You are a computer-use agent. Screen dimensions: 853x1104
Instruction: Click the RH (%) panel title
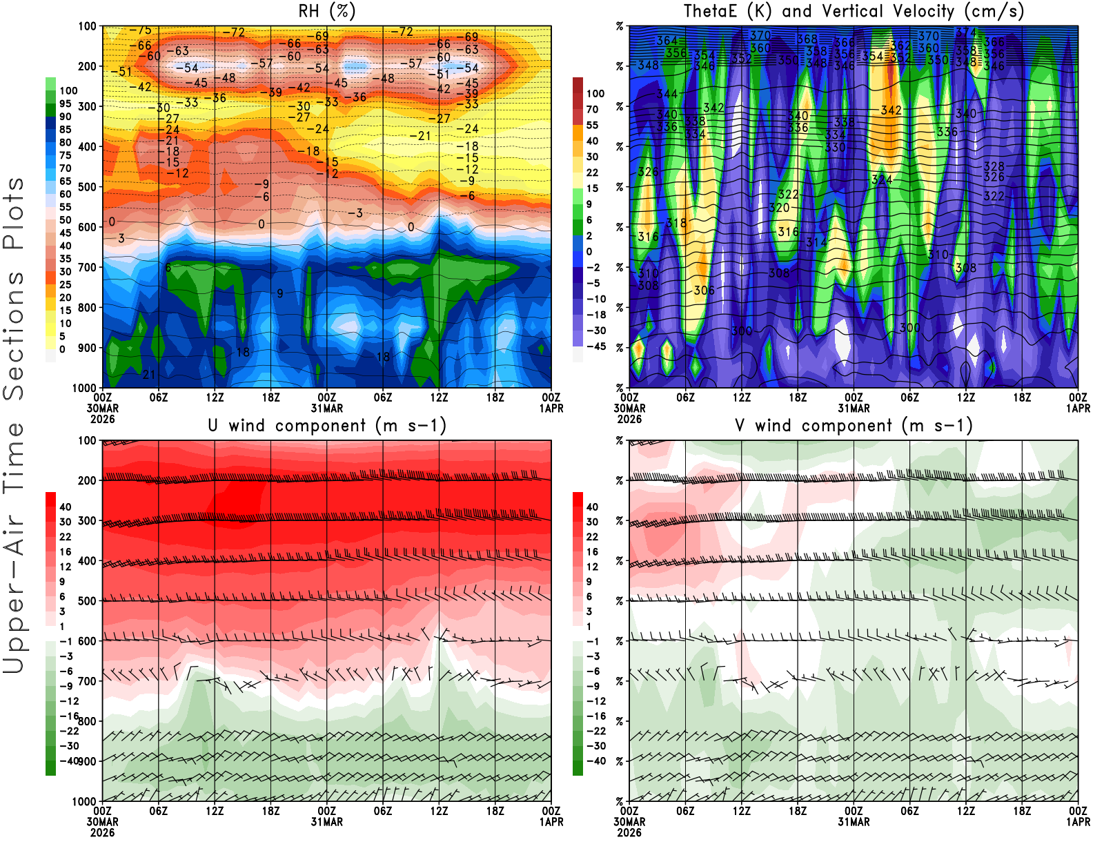[326, 12]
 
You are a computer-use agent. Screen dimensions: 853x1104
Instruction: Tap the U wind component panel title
[327, 426]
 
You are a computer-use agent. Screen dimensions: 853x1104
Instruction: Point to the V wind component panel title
[854, 426]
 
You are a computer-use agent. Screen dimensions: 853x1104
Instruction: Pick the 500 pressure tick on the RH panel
[87, 187]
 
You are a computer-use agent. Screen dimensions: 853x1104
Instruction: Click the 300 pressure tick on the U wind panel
[87, 521]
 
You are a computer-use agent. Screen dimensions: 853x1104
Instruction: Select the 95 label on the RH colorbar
[66, 104]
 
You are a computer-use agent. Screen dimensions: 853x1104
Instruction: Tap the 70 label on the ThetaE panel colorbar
[592, 110]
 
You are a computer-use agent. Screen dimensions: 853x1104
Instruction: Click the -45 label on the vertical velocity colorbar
[595, 346]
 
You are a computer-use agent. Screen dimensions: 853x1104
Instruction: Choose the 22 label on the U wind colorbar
[66, 537]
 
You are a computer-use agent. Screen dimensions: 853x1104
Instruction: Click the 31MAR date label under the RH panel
[326, 409]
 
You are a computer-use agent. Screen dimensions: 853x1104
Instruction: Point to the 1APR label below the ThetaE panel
[1078, 409]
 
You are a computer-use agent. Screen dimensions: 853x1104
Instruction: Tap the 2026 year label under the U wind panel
[102, 832]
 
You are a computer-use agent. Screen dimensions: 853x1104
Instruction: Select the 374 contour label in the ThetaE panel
[966, 32]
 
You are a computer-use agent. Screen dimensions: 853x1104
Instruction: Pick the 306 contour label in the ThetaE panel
[704, 291]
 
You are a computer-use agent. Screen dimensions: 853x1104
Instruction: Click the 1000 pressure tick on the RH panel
[84, 388]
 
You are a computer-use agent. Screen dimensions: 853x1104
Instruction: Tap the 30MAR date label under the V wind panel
[629, 822]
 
